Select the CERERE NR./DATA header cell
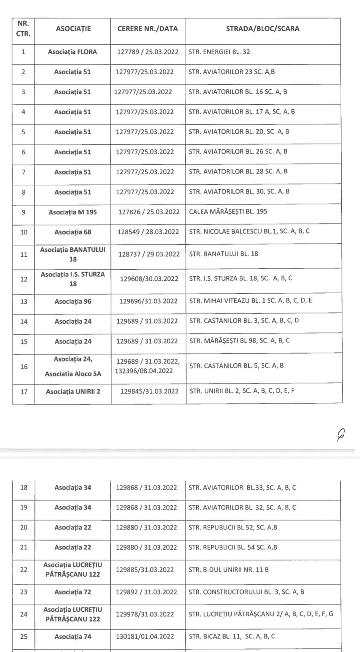(148, 29)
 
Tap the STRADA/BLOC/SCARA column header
(262, 29)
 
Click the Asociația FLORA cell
(72, 52)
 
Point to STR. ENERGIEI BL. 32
(220, 52)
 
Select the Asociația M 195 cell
(73, 212)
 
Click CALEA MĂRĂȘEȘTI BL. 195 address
(228, 212)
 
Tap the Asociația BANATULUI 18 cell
(73, 254)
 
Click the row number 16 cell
(24, 366)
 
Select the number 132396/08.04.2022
(144, 371)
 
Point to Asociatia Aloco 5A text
(73, 374)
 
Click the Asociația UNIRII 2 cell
(73, 392)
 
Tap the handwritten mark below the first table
(341, 434)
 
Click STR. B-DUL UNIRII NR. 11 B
(228, 570)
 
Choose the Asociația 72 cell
(73, 592)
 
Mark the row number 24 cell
(24, 614)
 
